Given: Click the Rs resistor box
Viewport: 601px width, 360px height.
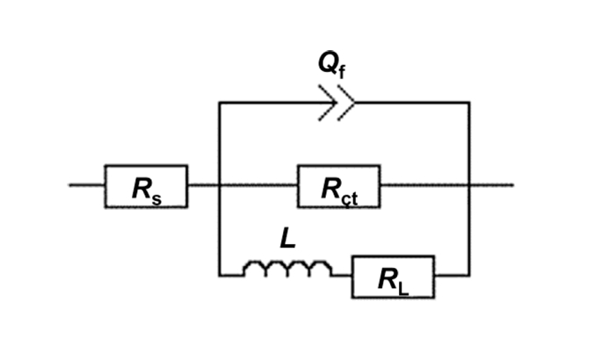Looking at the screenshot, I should point(146,186).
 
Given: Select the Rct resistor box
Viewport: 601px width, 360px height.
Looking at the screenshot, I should point(338,186).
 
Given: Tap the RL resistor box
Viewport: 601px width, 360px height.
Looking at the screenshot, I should point(393,277).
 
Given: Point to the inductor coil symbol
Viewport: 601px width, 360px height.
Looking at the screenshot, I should point(287,270).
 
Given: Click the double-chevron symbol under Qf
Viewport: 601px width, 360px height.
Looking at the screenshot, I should point(337,103).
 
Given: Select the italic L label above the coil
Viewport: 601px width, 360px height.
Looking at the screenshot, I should point(286,237).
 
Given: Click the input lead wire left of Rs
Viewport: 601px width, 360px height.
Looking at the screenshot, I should point(86,185).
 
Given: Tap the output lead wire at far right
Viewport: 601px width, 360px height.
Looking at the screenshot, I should point(492,185).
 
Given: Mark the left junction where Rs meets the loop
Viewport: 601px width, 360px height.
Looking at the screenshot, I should point(218,185).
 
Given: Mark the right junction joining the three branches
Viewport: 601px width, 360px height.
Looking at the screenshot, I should point(469,185).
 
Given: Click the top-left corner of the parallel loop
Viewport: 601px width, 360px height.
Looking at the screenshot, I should point(218,103).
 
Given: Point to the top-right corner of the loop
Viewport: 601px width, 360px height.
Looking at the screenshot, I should point(469,103).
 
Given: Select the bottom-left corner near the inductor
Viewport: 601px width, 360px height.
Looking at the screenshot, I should point(218,275).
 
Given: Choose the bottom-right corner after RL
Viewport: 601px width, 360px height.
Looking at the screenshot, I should point(469,275).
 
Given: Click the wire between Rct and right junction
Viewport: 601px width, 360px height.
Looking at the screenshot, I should point(424,185).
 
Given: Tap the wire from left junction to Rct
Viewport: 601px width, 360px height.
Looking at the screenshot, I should point(257,185).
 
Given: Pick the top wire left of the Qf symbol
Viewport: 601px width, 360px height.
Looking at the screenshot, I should point(268,103).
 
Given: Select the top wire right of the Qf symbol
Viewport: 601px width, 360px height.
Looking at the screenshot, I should point(413,103).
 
